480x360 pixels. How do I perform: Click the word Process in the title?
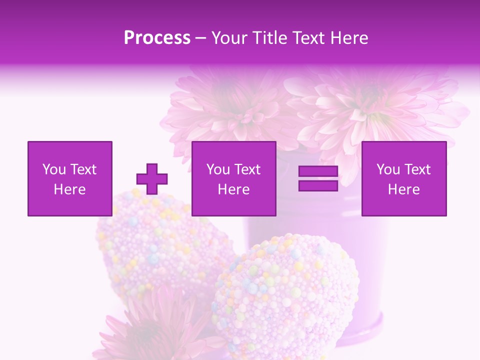[157, 38]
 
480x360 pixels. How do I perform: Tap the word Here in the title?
[347, 38]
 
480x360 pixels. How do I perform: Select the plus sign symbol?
[152, 179]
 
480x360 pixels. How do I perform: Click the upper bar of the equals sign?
[318, 171]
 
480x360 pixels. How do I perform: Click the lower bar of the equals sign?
[318, 185]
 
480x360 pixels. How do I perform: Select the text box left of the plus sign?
[70, 178]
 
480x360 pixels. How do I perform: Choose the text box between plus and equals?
[234, 178]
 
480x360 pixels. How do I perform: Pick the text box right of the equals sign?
[404, 178]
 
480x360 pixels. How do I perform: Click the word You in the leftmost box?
[54, 169]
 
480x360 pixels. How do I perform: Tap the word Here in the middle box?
[234, 189]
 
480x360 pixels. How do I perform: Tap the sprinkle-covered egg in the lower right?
[285, 295]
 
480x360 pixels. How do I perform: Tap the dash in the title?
[201, 38]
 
